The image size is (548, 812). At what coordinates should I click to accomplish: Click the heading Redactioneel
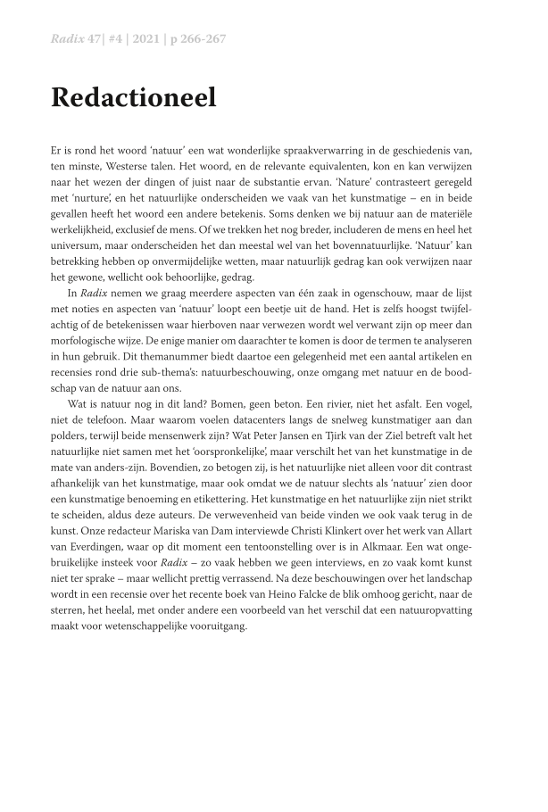point(134,97)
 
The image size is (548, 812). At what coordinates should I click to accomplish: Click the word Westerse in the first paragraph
point(120,165)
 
